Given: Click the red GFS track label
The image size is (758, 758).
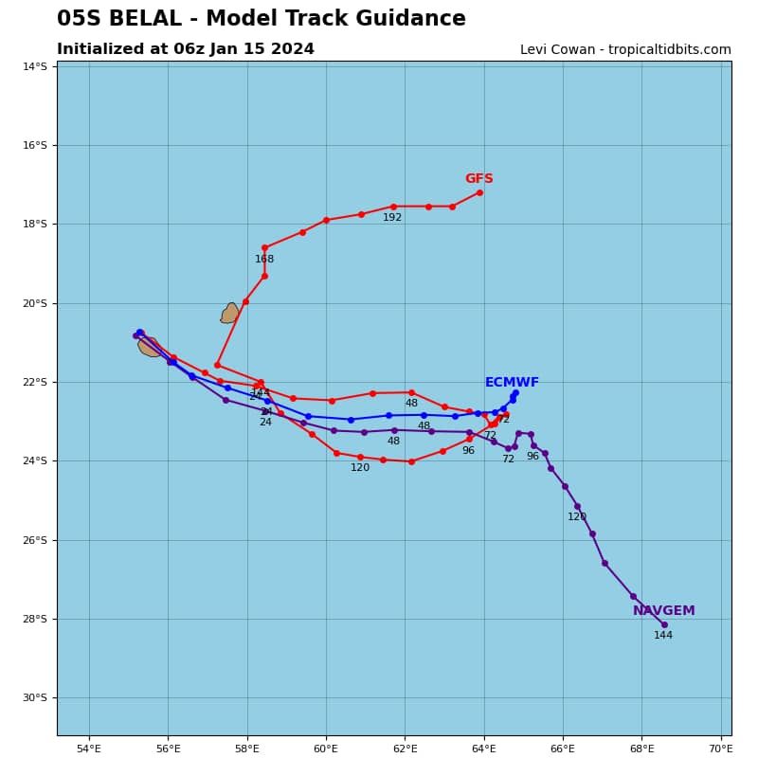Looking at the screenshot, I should point(478,179).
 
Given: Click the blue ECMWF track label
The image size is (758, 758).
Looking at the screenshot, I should point(512,383).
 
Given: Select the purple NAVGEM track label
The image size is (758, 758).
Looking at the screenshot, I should point(663,611).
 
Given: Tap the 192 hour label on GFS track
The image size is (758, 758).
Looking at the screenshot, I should point(392,218).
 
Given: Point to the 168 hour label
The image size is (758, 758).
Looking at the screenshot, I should point(264,260).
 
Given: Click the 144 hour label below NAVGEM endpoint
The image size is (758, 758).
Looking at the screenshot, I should point(663,636).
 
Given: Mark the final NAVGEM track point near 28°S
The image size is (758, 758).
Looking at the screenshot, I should point(664,624).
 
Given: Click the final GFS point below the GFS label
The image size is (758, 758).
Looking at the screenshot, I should point(479,192).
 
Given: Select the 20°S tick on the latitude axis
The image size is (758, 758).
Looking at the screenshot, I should point(35,303).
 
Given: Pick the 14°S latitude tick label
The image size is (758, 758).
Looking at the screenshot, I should point(35,66).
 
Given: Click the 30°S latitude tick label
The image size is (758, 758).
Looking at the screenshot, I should point(35,698).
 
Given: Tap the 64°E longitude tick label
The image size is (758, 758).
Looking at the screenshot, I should point(484,749).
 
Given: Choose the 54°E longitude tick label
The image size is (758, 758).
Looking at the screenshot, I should point(89,749).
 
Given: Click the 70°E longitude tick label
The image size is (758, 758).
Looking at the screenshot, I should point(721,749).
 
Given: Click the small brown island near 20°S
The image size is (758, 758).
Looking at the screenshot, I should point(230,314).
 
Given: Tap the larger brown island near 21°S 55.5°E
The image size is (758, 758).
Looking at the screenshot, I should point(150,347).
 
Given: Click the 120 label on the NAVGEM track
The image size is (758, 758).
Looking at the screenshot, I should point(577,517).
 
